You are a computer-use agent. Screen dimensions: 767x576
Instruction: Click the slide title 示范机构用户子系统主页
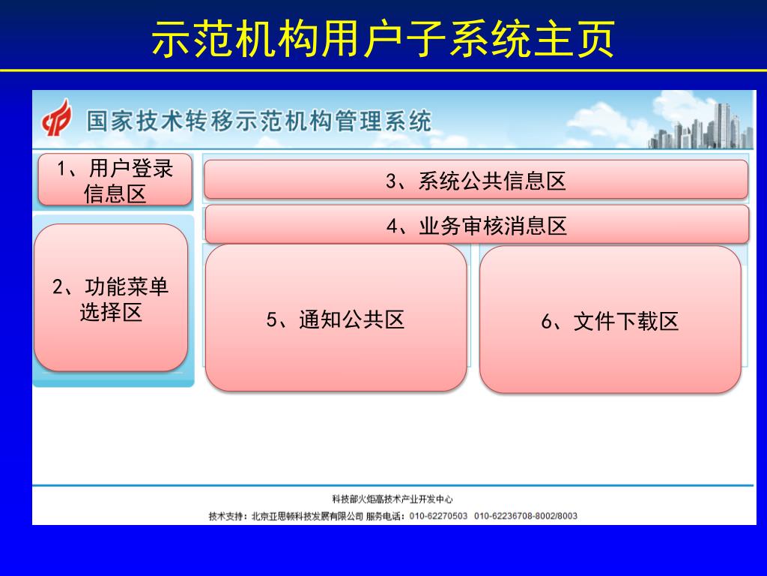point(383,39)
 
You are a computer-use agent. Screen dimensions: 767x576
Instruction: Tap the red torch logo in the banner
point(56,118)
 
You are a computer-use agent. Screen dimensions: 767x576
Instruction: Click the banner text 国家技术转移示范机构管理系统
point(258,121)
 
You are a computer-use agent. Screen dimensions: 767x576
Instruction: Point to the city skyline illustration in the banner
point(700,126)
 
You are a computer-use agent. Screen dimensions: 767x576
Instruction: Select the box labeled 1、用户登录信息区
point(115,180)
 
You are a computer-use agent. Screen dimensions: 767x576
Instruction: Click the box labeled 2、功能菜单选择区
point(111,298)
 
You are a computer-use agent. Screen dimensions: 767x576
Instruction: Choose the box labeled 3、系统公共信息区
point(476,180)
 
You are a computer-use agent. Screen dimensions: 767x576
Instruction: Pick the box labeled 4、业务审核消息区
point(477,225)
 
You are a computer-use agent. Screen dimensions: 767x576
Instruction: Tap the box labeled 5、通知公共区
point(336,318)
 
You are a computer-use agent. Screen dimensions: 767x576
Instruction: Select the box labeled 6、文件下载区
point(610,319)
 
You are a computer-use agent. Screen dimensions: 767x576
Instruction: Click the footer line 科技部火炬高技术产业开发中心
point(392,499)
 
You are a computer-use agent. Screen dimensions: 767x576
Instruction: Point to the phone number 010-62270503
point(438,516)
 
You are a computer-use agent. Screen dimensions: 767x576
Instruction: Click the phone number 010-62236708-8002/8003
point(526,516)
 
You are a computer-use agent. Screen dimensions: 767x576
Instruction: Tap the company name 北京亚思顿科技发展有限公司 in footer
point(307,516)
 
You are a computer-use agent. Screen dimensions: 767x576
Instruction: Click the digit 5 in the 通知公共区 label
point(272,319)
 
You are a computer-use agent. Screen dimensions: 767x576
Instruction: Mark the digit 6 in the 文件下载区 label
point(546,322)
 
